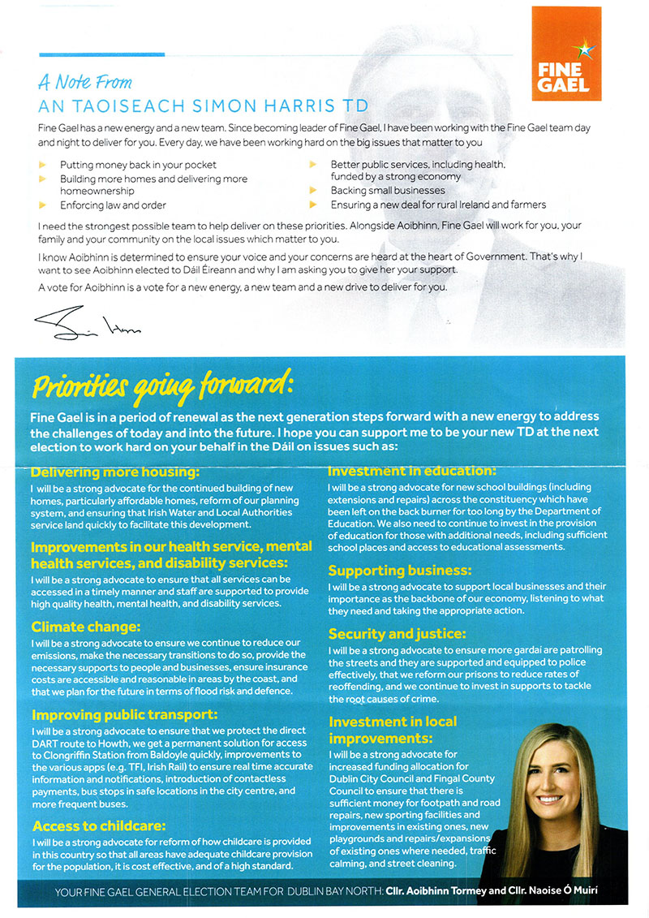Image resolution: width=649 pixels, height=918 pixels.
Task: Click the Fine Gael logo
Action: click(x=565, y=54)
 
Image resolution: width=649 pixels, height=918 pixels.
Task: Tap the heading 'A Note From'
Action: click(x=85, y=82)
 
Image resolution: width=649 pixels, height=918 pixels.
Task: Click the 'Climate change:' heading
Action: click(x=86, y=627)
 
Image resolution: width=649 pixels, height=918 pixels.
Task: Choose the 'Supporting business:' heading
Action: click(x=399, y=571)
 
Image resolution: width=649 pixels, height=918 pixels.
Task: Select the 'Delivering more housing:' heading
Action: click(x=114, y=472)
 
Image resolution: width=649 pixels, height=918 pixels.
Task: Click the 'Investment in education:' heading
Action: click(x=410, y=471)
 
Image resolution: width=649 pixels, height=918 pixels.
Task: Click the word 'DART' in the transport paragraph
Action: click(x=44, y=743)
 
